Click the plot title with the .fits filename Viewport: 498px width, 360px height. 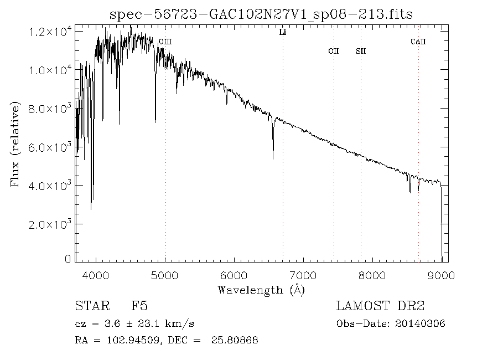tap(261, 13)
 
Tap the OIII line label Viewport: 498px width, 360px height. tap(165, 42)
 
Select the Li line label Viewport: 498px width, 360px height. tap(282, 33)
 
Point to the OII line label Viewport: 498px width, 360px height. tap(333, 52)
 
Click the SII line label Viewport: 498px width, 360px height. tap(361, 52)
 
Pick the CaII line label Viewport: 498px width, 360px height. tap(418, 42)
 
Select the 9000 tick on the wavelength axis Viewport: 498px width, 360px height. tap(441, 275)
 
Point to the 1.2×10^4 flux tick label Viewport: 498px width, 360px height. tap(50, 32)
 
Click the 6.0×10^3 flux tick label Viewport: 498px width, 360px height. tap(50, 147)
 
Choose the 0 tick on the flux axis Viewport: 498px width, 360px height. tap(68, 259)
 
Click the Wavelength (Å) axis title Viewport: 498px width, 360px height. tap(261, 289)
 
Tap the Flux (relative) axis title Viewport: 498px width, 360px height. tap(16, 144)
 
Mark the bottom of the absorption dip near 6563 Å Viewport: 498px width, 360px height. tap(273, 158)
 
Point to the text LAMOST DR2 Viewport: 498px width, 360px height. tap(380, 306)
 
